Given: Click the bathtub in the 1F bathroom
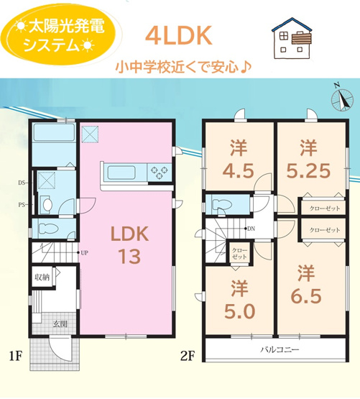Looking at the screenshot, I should pyautogui.click(x=53, y=135).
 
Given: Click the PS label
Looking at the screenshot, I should pyautogui.click(x=22, y=203).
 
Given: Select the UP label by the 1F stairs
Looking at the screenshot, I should pyautogui.click(x=85, y=253).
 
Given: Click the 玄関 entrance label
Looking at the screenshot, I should pyautogui.click(x=59, y=324).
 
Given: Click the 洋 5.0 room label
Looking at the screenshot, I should pyautogui.click(x=238, y=302).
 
